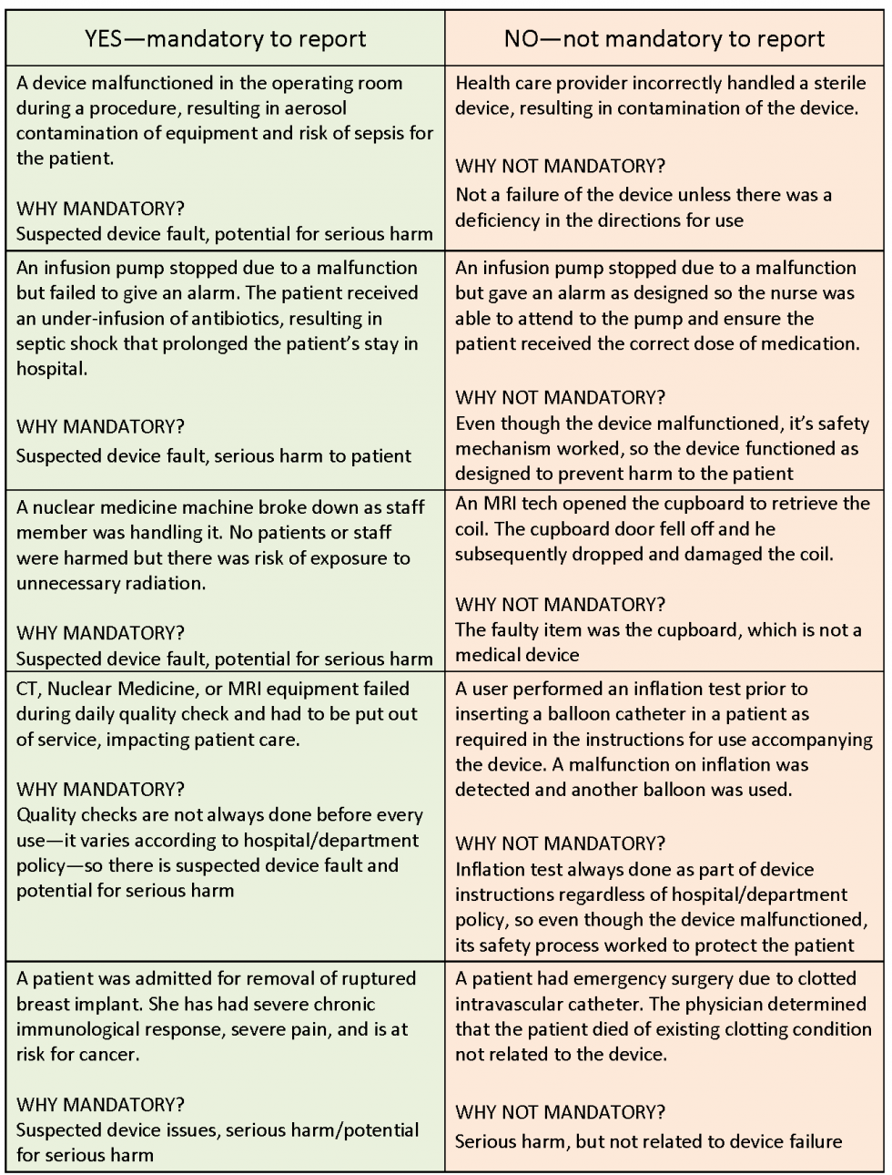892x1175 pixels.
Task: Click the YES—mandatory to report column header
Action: pyautogui.click(x=225, y=38)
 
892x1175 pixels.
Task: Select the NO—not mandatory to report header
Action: pyautogui.click(x=664, y=38)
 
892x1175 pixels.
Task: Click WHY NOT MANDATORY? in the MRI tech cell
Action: pyautogui.click(x=560, y=604)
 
